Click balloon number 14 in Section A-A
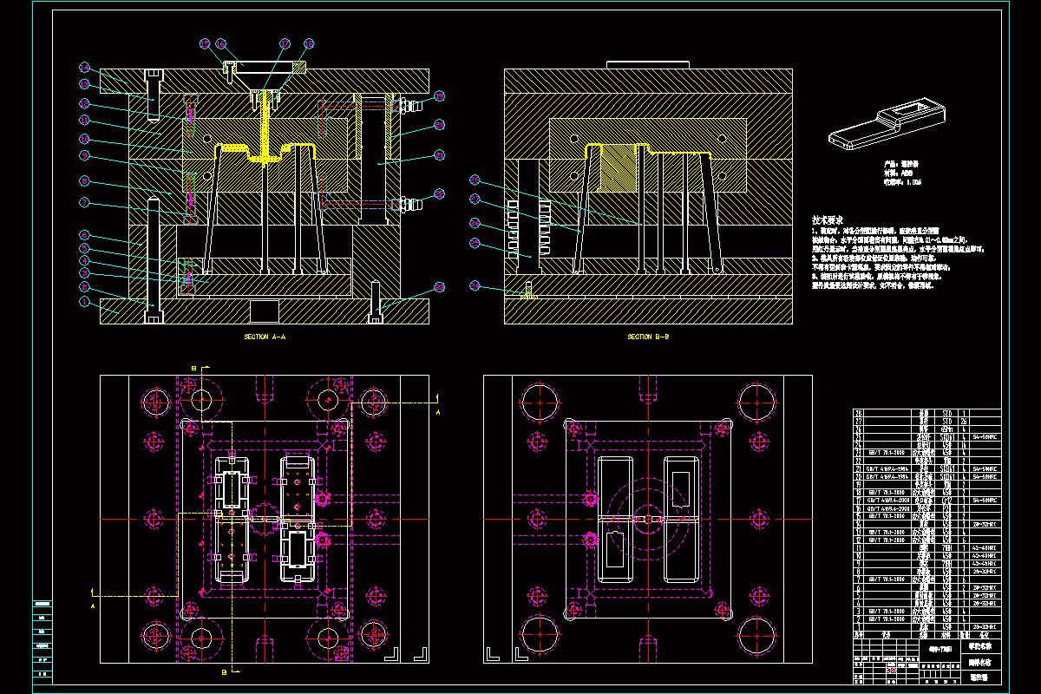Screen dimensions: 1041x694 click(x=85, y=67)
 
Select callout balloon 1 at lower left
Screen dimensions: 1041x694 click(x=85, y=302)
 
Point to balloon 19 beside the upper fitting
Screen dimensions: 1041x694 click(x=440, y=95)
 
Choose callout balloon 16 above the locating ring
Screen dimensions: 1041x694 click(x=221, y=43)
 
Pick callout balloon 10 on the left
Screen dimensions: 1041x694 click(x=85, y=139)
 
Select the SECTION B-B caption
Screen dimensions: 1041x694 click(x=648, y=337)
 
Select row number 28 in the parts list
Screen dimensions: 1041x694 click(x=860, y=414)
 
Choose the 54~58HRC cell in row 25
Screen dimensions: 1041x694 click(x=986, y=438)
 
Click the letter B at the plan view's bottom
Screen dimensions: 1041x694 click(x=224, y=671)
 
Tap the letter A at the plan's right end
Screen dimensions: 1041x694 click(x=438, y=413)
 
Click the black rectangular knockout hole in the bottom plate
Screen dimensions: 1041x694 click(x=264, y=311)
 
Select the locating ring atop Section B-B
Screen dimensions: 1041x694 click(x=648, y=64)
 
